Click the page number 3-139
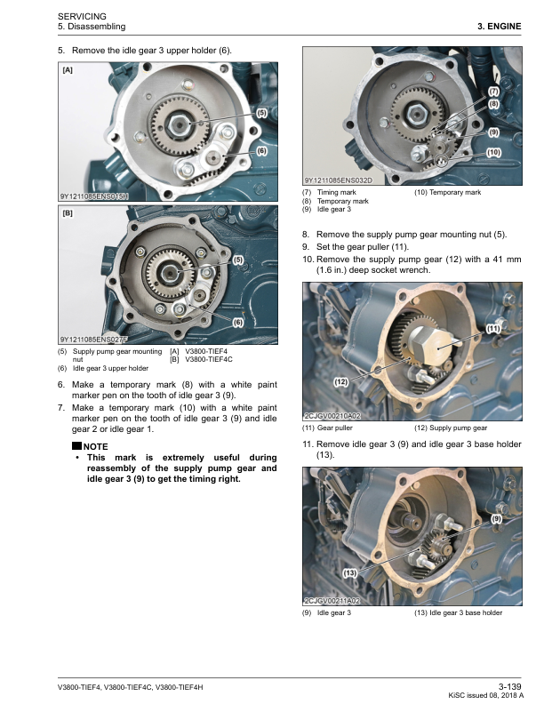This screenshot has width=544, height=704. tap(510, 686)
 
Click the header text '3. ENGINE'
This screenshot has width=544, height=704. tap(500, 27)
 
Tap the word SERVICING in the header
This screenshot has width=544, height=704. tap(82, 17)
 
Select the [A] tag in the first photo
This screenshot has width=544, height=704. tap(68, 70)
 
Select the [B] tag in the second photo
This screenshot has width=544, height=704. tap(68, 213)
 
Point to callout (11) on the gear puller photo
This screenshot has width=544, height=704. tap(493, 329)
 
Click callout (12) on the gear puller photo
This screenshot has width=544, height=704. tap(341, 381)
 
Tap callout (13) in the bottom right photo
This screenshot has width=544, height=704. tap(349, 573)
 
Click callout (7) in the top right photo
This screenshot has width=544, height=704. tap(493, 92)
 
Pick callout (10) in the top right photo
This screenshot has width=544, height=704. tap(493, 153)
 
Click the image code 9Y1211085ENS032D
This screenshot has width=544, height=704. tap(339, 181)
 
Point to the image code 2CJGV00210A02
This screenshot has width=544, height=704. tap(332, 416)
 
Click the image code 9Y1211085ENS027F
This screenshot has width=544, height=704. tap(94, 340)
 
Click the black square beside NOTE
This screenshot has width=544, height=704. tap(76, 446)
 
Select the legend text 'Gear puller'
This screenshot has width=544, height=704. tap(335, 428)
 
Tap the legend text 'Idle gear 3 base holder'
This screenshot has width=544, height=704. tap(466, 612)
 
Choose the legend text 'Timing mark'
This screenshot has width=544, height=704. tap(337, 192)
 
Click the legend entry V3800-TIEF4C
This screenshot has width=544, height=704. tap(209, 359)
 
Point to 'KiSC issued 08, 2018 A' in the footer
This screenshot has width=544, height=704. tap(486, 695)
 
